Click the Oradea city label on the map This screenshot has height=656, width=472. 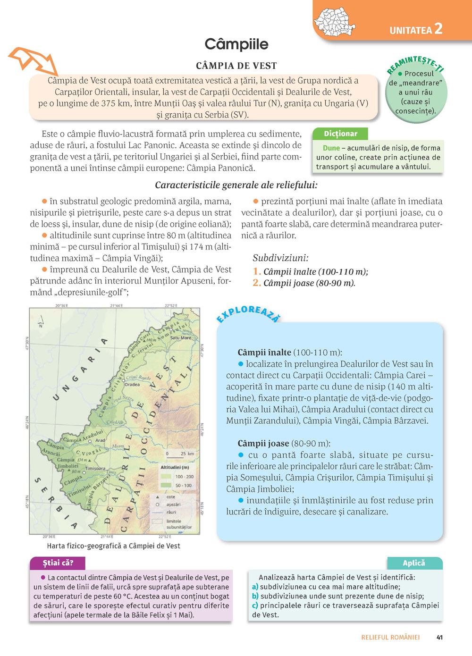(132, 384)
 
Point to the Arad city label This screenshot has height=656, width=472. (100, 440)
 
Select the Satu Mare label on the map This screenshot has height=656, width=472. (181, 338)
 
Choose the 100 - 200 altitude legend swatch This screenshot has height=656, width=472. (166, 476)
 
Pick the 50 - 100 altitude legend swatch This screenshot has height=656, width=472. (166, 485)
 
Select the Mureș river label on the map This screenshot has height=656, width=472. (118, 446)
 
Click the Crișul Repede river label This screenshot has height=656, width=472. (138, 378)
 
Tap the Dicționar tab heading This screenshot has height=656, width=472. (340, 134)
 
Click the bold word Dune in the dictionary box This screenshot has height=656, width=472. (331, 148)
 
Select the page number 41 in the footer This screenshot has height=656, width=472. (439, 637)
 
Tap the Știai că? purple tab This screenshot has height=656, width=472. (58, 563)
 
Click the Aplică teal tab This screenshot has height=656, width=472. (414, 563)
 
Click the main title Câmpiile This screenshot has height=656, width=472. (236, 44)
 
